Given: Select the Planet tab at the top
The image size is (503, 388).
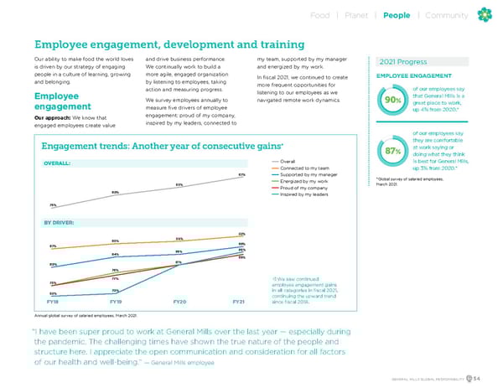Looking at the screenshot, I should pos(359,15).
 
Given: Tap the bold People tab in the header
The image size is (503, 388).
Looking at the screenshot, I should pos(397,15).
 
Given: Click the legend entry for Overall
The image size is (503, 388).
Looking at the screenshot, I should pos(288,160).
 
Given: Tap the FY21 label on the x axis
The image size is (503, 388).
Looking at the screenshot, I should pos(238,300).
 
